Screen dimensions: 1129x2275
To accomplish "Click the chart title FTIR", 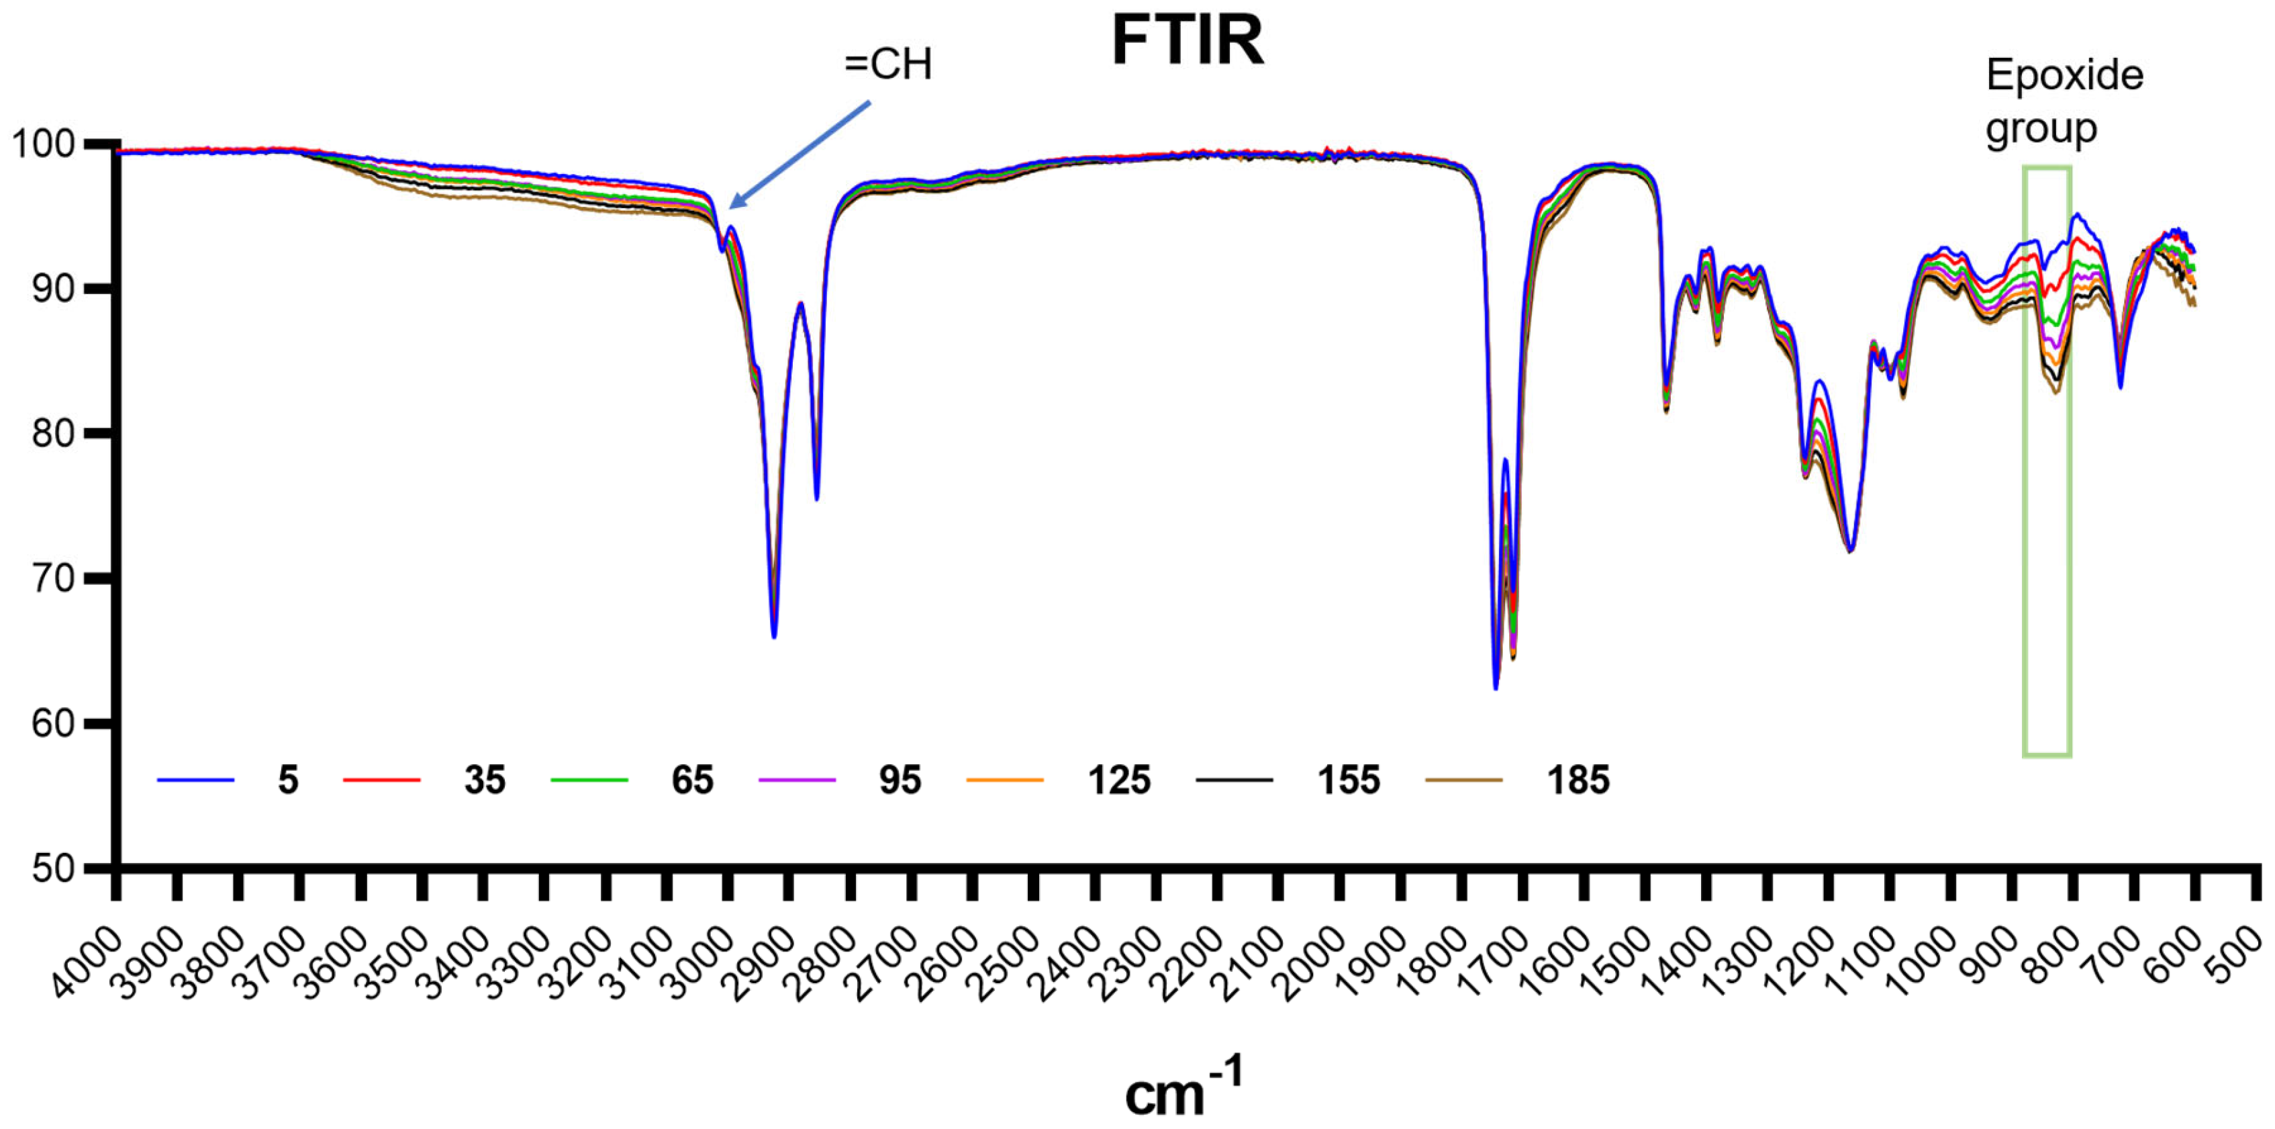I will pos(1188,41).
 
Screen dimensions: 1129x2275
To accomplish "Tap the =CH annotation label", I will pos(887,64).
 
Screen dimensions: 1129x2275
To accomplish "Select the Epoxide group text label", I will pos(2064,101).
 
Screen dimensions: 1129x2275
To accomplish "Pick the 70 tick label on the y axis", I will pos(53,579).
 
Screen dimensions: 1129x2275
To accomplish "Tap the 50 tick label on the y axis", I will pos(53,868).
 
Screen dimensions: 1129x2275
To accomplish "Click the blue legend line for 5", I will pos(195,780).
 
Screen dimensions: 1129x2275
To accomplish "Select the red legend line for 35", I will pos(381,780).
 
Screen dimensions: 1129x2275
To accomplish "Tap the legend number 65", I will pos(691,780).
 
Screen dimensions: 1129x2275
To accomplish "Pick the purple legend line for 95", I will pos(797,780).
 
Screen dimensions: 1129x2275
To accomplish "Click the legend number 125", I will pos(1119,780).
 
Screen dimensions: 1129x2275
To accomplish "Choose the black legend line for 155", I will pos(1234,780).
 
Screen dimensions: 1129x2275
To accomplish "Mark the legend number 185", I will pos(1578,780).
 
